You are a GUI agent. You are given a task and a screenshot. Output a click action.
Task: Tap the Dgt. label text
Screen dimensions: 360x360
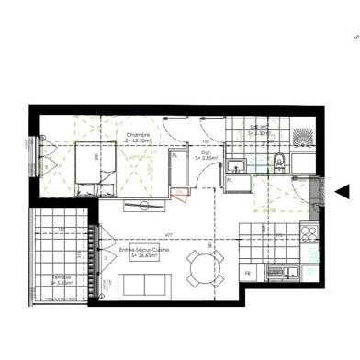coord(204,152)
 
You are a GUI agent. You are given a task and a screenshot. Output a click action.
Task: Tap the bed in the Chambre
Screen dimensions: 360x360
coord(95,170)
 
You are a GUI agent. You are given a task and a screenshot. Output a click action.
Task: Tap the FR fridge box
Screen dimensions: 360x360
coord(246,274)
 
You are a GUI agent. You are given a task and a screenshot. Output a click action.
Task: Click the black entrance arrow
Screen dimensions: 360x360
coord(343,191)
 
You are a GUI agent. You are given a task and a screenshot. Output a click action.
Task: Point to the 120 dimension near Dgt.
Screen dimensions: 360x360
coord(208,141)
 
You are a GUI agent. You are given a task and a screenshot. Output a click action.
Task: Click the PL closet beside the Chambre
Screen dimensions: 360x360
coord(174,157)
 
